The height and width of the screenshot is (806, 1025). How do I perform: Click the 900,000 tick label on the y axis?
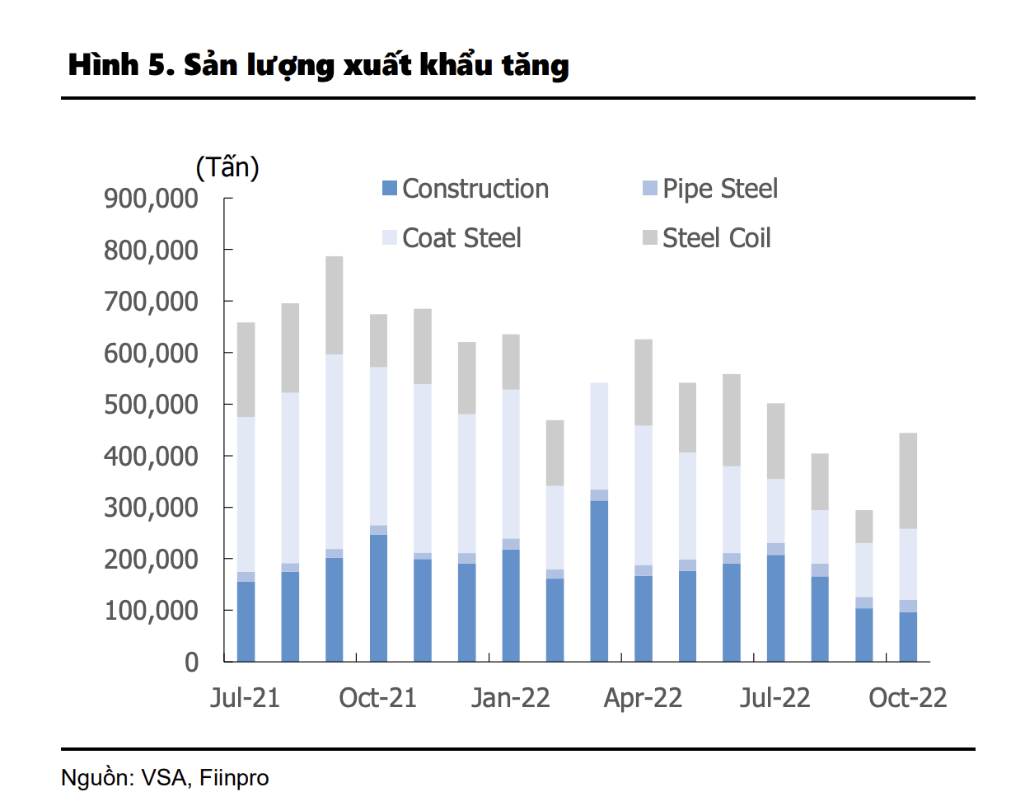(151, 199)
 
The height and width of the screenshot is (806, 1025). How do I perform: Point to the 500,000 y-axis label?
(151, 405)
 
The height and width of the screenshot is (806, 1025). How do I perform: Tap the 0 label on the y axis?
(191, 662)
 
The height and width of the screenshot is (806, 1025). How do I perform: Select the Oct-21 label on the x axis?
(377, 698)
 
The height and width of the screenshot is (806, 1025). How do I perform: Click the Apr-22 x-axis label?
(643, 698)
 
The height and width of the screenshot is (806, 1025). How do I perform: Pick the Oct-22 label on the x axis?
(907, 698)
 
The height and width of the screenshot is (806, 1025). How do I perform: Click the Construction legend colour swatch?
(390, 189)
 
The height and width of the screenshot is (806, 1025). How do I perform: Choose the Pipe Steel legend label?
(719, 189)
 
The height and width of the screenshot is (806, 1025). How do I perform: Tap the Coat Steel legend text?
(461, 238)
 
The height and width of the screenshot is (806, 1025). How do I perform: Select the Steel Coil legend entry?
(716, 238)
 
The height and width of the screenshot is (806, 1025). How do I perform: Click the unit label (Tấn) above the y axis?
(227, 167)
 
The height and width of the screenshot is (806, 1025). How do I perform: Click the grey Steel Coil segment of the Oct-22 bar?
(908, 480)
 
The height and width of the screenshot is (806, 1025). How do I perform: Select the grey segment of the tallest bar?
(334, 305)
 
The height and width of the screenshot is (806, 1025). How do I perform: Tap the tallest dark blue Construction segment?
(599, 581)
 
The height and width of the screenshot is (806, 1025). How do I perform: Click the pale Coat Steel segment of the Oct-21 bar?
(378, 446)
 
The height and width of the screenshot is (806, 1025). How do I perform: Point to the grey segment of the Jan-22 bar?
(511, 362)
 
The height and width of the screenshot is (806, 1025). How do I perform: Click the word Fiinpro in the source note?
(234, 778)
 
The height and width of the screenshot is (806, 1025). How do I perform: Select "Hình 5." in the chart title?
(120, 65)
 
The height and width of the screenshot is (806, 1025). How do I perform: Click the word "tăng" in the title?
(535, 65)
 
